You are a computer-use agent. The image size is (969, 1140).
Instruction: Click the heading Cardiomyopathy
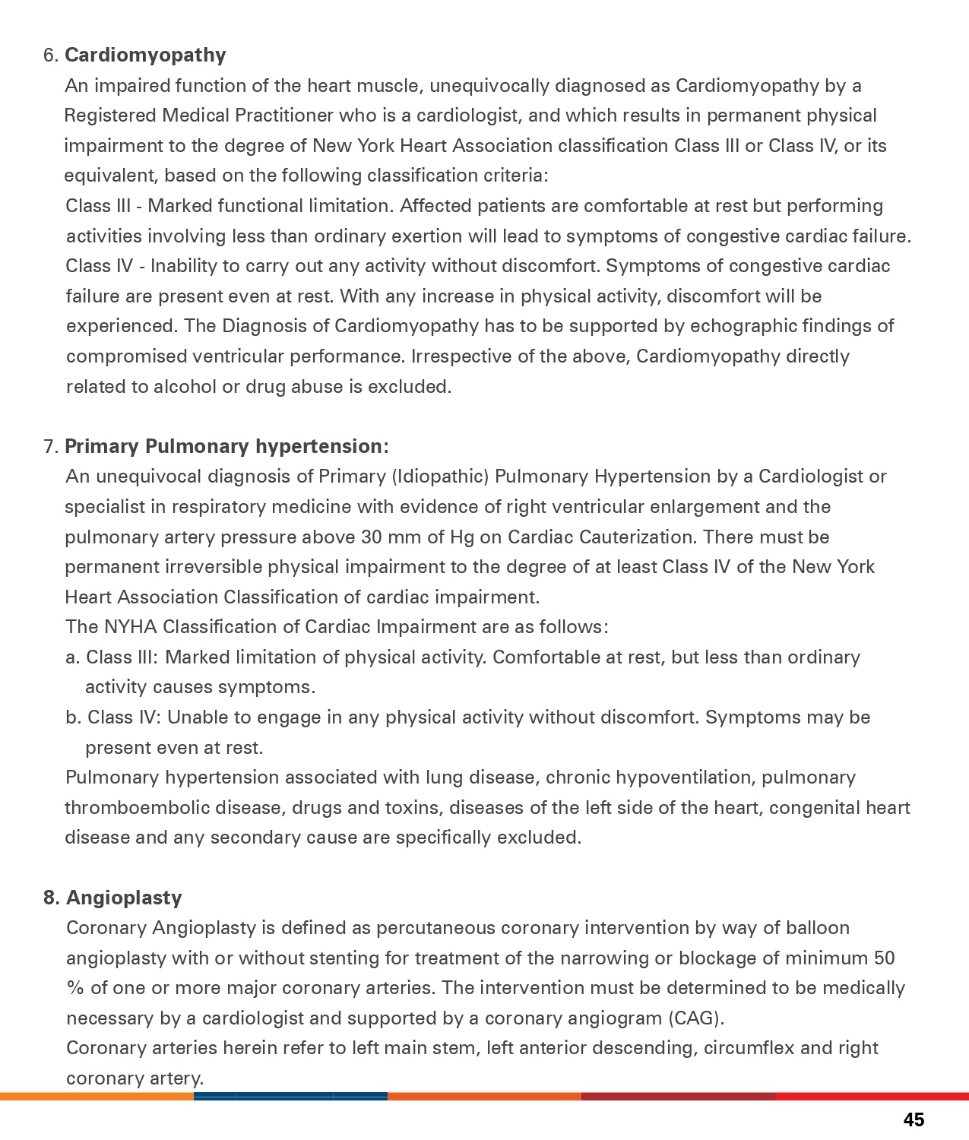click(x=145, y=55)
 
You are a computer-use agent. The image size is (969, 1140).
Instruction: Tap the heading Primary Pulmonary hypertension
click(x=226, y=446)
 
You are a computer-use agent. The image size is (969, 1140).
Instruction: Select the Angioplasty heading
click(x=124, y=898)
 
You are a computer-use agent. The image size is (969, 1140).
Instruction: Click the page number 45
click(x=914, y=1119)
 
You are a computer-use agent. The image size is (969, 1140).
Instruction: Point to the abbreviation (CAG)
click(x=695, y=1018)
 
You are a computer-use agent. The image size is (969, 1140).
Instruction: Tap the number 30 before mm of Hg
click(x=372, y=537)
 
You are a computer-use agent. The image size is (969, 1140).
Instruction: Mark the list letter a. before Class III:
click(x=73, y=657)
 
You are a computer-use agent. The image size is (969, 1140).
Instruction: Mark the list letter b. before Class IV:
click(x=74, y=717)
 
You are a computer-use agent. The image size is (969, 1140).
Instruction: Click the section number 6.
click(x=51, y=55)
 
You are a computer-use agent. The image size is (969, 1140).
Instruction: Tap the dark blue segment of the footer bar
click(x=290, y=1097)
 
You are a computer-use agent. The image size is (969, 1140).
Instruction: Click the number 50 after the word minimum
click(x=884, y=958)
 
